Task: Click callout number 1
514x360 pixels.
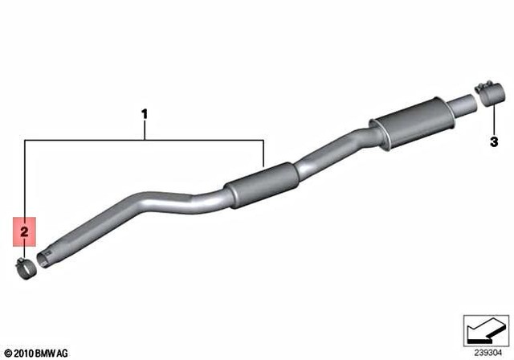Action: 145,115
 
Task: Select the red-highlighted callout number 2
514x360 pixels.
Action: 24,231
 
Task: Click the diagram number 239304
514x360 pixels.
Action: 487,350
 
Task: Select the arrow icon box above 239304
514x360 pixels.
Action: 486,329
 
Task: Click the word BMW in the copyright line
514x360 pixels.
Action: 48,353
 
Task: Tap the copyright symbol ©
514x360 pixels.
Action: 7,353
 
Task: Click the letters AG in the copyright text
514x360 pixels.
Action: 65,353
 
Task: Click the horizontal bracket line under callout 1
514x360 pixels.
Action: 145,141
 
